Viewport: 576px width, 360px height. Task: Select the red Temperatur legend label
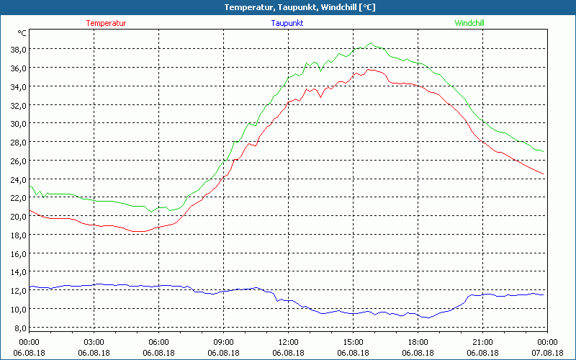pos(106,23)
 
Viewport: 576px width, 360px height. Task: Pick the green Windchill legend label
pos(469,23)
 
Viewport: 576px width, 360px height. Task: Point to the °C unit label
pos(22,33)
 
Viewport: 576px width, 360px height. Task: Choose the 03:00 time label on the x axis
pos(94,342)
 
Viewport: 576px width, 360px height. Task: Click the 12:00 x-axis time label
pos(288,342)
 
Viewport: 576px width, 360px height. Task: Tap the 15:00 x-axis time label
pos(353,342)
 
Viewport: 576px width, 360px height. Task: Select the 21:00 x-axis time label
pos(482,342)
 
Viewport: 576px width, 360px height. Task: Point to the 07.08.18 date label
pos(547,353)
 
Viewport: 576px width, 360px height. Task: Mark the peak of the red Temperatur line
pos(369,69)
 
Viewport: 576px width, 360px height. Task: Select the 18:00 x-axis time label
pos(418,342)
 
